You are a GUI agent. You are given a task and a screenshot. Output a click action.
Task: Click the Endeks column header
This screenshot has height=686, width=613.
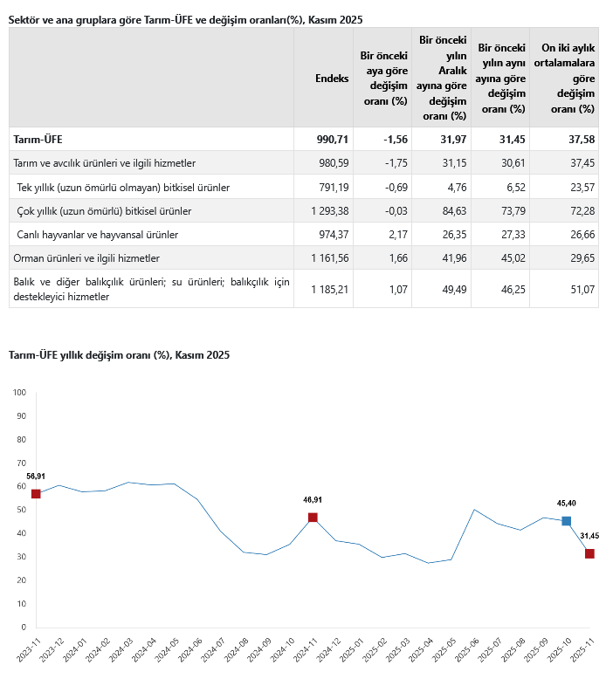(332, 78)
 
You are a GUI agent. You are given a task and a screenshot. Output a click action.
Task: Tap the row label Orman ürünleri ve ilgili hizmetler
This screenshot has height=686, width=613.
(86, 258)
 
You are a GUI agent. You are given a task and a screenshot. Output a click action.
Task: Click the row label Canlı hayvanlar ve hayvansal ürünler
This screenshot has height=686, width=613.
(99, 235)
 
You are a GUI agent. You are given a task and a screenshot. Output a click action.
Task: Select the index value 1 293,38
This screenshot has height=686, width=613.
(329, 211)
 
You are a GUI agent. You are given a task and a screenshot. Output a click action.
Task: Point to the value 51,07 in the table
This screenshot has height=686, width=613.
(581, 289)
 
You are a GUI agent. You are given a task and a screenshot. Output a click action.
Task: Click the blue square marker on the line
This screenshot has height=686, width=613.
(567, 521)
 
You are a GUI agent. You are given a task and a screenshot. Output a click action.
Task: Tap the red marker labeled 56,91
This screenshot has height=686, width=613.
(36, 494)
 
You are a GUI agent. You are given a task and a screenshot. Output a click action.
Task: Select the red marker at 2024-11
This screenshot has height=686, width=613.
(313, 518)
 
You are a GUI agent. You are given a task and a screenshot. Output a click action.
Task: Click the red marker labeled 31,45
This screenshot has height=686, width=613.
(589, 554)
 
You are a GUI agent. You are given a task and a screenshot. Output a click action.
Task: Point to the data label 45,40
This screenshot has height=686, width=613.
(567, 504)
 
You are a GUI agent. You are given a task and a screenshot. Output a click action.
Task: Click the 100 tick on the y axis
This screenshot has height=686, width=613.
(19, 392)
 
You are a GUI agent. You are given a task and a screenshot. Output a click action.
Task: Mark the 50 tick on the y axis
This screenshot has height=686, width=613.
(21, 510)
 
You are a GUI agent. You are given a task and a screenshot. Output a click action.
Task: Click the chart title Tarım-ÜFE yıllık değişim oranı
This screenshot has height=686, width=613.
(118, 355)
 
